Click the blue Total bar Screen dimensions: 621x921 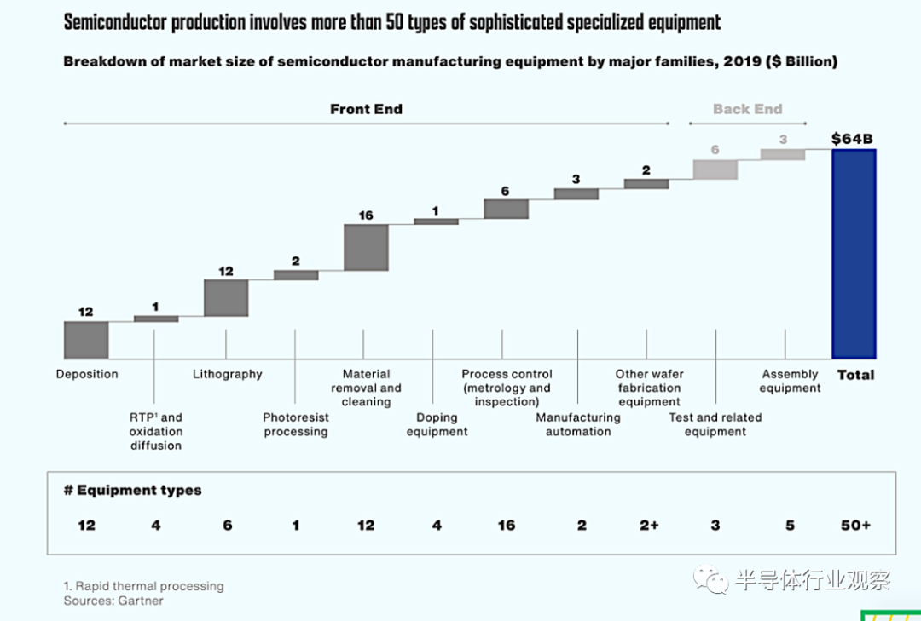pos(854,254)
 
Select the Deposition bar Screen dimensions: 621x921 pos(86,340)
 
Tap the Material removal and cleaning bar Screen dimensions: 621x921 pos(366,248)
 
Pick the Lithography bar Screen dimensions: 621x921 pos(226,298)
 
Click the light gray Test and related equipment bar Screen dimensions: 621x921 pos(715,170)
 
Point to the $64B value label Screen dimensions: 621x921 pos(853,139)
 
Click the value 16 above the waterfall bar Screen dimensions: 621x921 pos(366,216)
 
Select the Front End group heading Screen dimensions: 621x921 pos(366,109)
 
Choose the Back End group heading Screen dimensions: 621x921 pos(748,109)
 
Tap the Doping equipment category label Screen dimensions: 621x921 pos(437,424)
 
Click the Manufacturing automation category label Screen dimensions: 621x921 pos(578,424)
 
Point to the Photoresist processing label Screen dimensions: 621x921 pos(295,424)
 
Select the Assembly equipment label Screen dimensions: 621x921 pos(790,381)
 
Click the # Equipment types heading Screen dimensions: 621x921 pos(133,491)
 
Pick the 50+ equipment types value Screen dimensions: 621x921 pos(855,526)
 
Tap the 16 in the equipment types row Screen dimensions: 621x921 pos(507,526)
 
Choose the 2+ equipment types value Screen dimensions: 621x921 pos(649,526)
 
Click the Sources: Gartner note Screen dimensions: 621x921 pos(113,601)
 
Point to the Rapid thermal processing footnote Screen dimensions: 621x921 pos(143,586)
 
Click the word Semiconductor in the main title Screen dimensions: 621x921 pos(115,23)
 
